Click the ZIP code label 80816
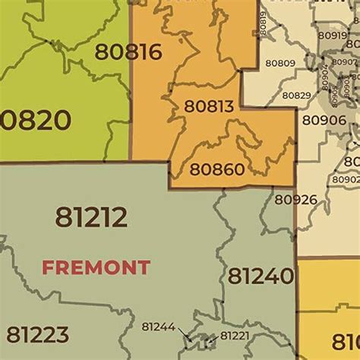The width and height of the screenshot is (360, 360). pos(128,52)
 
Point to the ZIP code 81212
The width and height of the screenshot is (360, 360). pos(90,217)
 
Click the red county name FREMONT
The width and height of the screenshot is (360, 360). pos(96,267)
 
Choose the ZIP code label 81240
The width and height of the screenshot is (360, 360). pos(261,276)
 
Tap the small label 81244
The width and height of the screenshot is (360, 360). pos(158,327)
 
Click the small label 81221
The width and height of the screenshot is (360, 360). pos(234,336)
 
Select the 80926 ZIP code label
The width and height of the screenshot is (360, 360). pos(295,200)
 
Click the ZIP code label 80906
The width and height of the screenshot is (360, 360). pos(324,120)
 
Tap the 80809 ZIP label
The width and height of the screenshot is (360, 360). pos(282,63)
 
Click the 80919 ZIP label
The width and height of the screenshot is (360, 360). pos(332,35)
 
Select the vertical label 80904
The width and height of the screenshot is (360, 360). pos(325,77)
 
